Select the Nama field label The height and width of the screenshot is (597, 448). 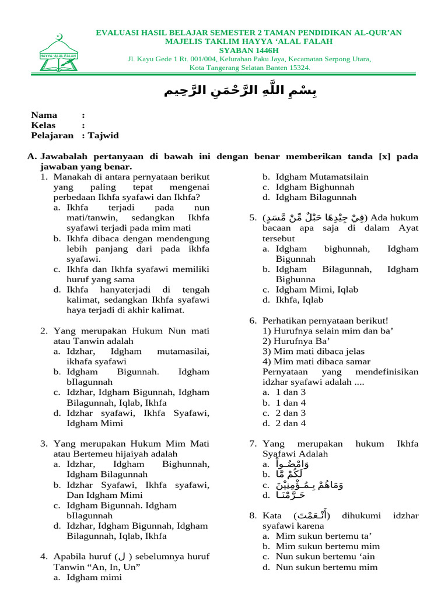point(44,115)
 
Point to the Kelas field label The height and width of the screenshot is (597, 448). point(44,125)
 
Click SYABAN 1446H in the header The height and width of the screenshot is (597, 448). point(249,50)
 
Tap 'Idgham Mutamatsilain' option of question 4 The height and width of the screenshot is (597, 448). point(322,177)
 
